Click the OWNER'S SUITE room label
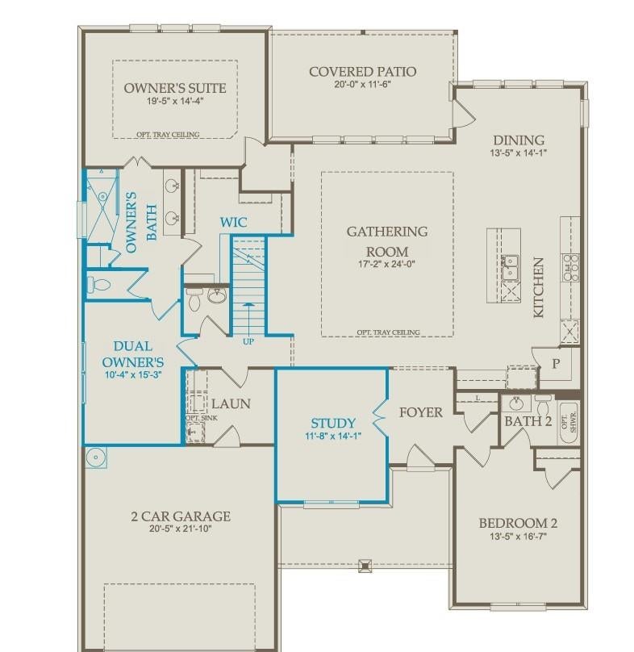175,88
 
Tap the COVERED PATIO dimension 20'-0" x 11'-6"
362,84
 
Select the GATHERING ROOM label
387,241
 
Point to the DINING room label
519,140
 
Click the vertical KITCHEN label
538,288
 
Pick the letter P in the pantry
556,364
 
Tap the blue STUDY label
333,424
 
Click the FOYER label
421,412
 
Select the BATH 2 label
528,421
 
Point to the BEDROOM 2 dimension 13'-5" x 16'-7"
518,537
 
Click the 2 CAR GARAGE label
181,516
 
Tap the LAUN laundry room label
231,403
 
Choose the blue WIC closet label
234,222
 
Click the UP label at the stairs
248,342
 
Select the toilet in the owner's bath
99,285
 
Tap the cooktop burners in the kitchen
570,267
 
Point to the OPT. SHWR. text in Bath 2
569,423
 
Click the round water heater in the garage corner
96,458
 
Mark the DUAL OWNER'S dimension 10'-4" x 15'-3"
133,374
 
